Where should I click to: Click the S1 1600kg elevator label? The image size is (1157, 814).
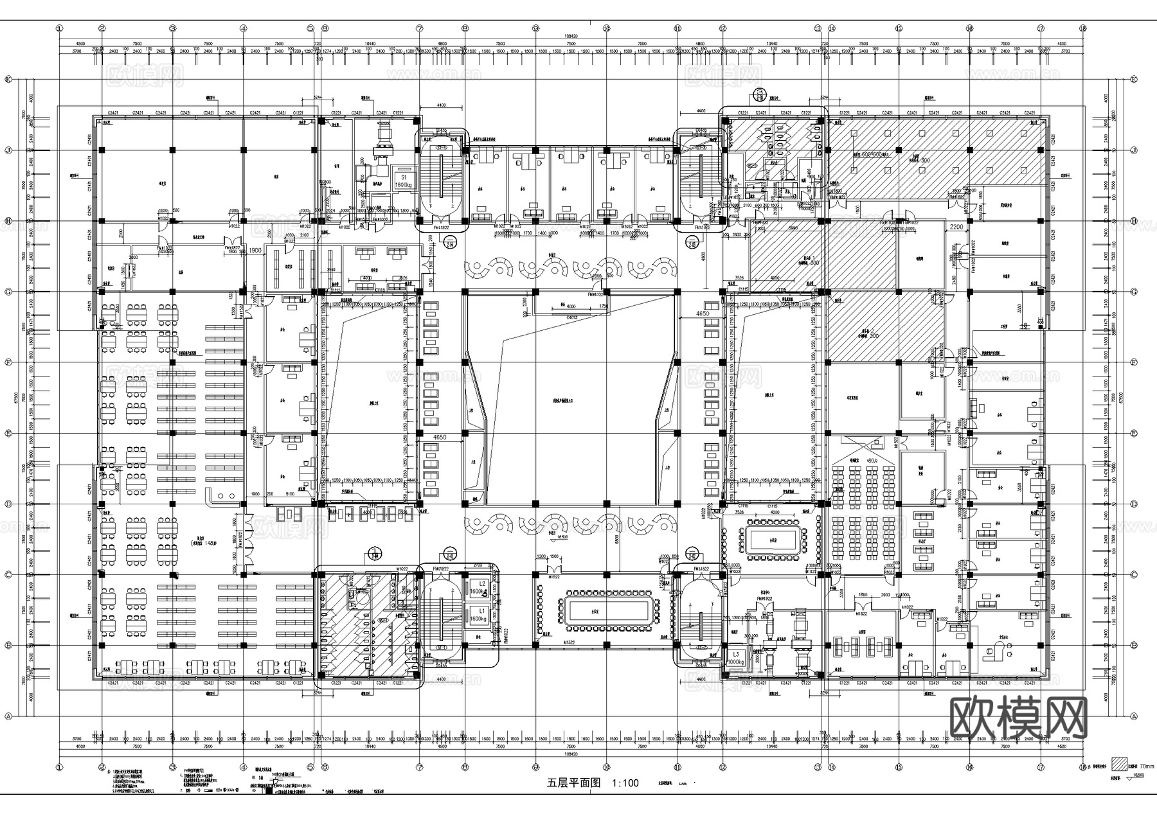pos(404,180)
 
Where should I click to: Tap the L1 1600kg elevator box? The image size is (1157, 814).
pos(477,614)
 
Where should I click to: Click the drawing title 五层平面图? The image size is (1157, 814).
pos(573,783)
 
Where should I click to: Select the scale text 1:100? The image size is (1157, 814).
pos(625,783)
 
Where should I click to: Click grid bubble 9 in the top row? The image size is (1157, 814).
pos(535,28)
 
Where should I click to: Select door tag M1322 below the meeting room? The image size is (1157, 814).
pos(569,642)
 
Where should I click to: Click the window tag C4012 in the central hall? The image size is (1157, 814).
pos(571,317)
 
